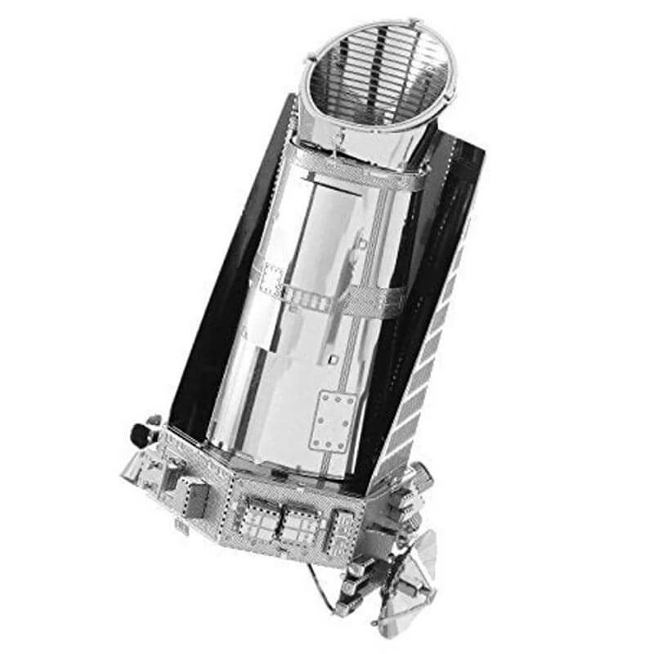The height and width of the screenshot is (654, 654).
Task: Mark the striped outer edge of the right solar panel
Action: tap(429, 343)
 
